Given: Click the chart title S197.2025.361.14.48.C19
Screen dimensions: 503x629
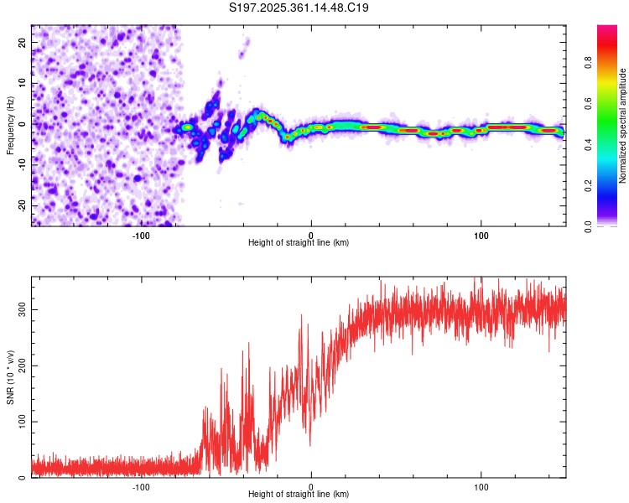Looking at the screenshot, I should pos(299,8).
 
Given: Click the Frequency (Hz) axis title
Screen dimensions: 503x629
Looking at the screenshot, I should pos(10,125).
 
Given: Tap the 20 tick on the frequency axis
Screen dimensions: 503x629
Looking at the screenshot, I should pos(23,42).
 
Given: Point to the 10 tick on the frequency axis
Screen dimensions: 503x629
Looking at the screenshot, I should pos(23,83).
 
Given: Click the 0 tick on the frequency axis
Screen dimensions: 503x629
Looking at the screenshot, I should pos(23,123).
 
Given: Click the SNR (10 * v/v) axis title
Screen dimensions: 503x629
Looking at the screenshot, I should pos(10,376).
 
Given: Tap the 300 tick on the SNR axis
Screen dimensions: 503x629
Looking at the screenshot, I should pos(23,309).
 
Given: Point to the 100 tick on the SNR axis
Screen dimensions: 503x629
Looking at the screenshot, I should pos(23,422).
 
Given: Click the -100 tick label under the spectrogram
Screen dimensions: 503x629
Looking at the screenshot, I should pos(140,236).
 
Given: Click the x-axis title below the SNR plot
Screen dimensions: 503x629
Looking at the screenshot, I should pos(299,495).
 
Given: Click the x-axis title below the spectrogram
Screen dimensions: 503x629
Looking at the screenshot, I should pos(299,243).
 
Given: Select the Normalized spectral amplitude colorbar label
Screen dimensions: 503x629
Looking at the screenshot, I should pos(623,125).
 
